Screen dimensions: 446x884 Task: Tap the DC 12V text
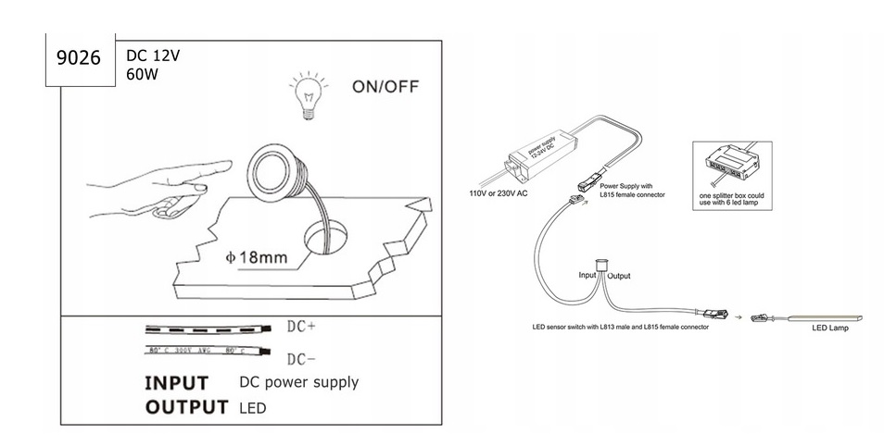coord(153,56)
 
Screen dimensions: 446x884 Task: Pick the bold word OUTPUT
coord(186,407)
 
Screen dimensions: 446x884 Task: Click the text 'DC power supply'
coord(298,382)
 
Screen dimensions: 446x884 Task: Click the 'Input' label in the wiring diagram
coord(588,276)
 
